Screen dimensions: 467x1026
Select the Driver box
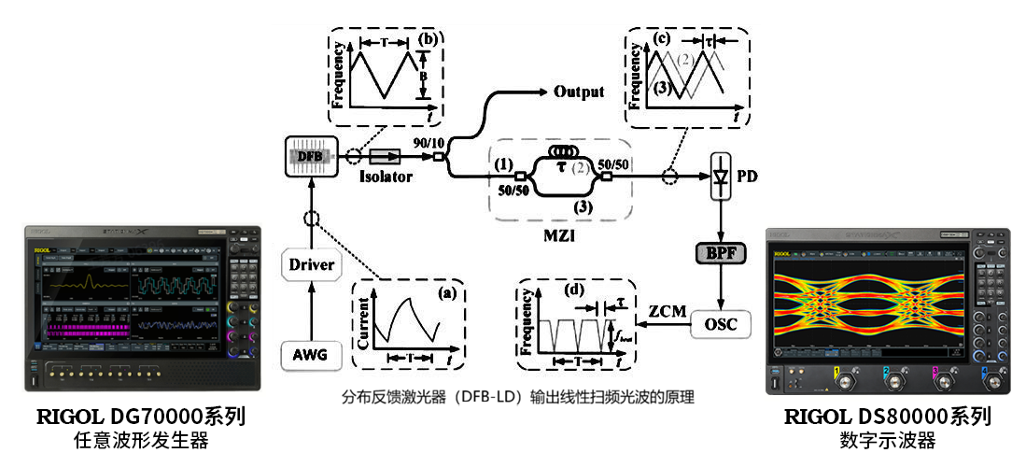(311, 265)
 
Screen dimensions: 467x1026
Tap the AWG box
(311, 354)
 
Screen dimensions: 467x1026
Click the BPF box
(721, 253)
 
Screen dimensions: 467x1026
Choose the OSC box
(721, 324)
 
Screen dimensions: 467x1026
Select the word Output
(579, 92)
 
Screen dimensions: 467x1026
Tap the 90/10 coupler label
(429, 139)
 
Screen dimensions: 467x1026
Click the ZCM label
(665, 309)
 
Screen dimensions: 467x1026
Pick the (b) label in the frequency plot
(428, 41)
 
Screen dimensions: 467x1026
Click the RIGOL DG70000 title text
(141, 417)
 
